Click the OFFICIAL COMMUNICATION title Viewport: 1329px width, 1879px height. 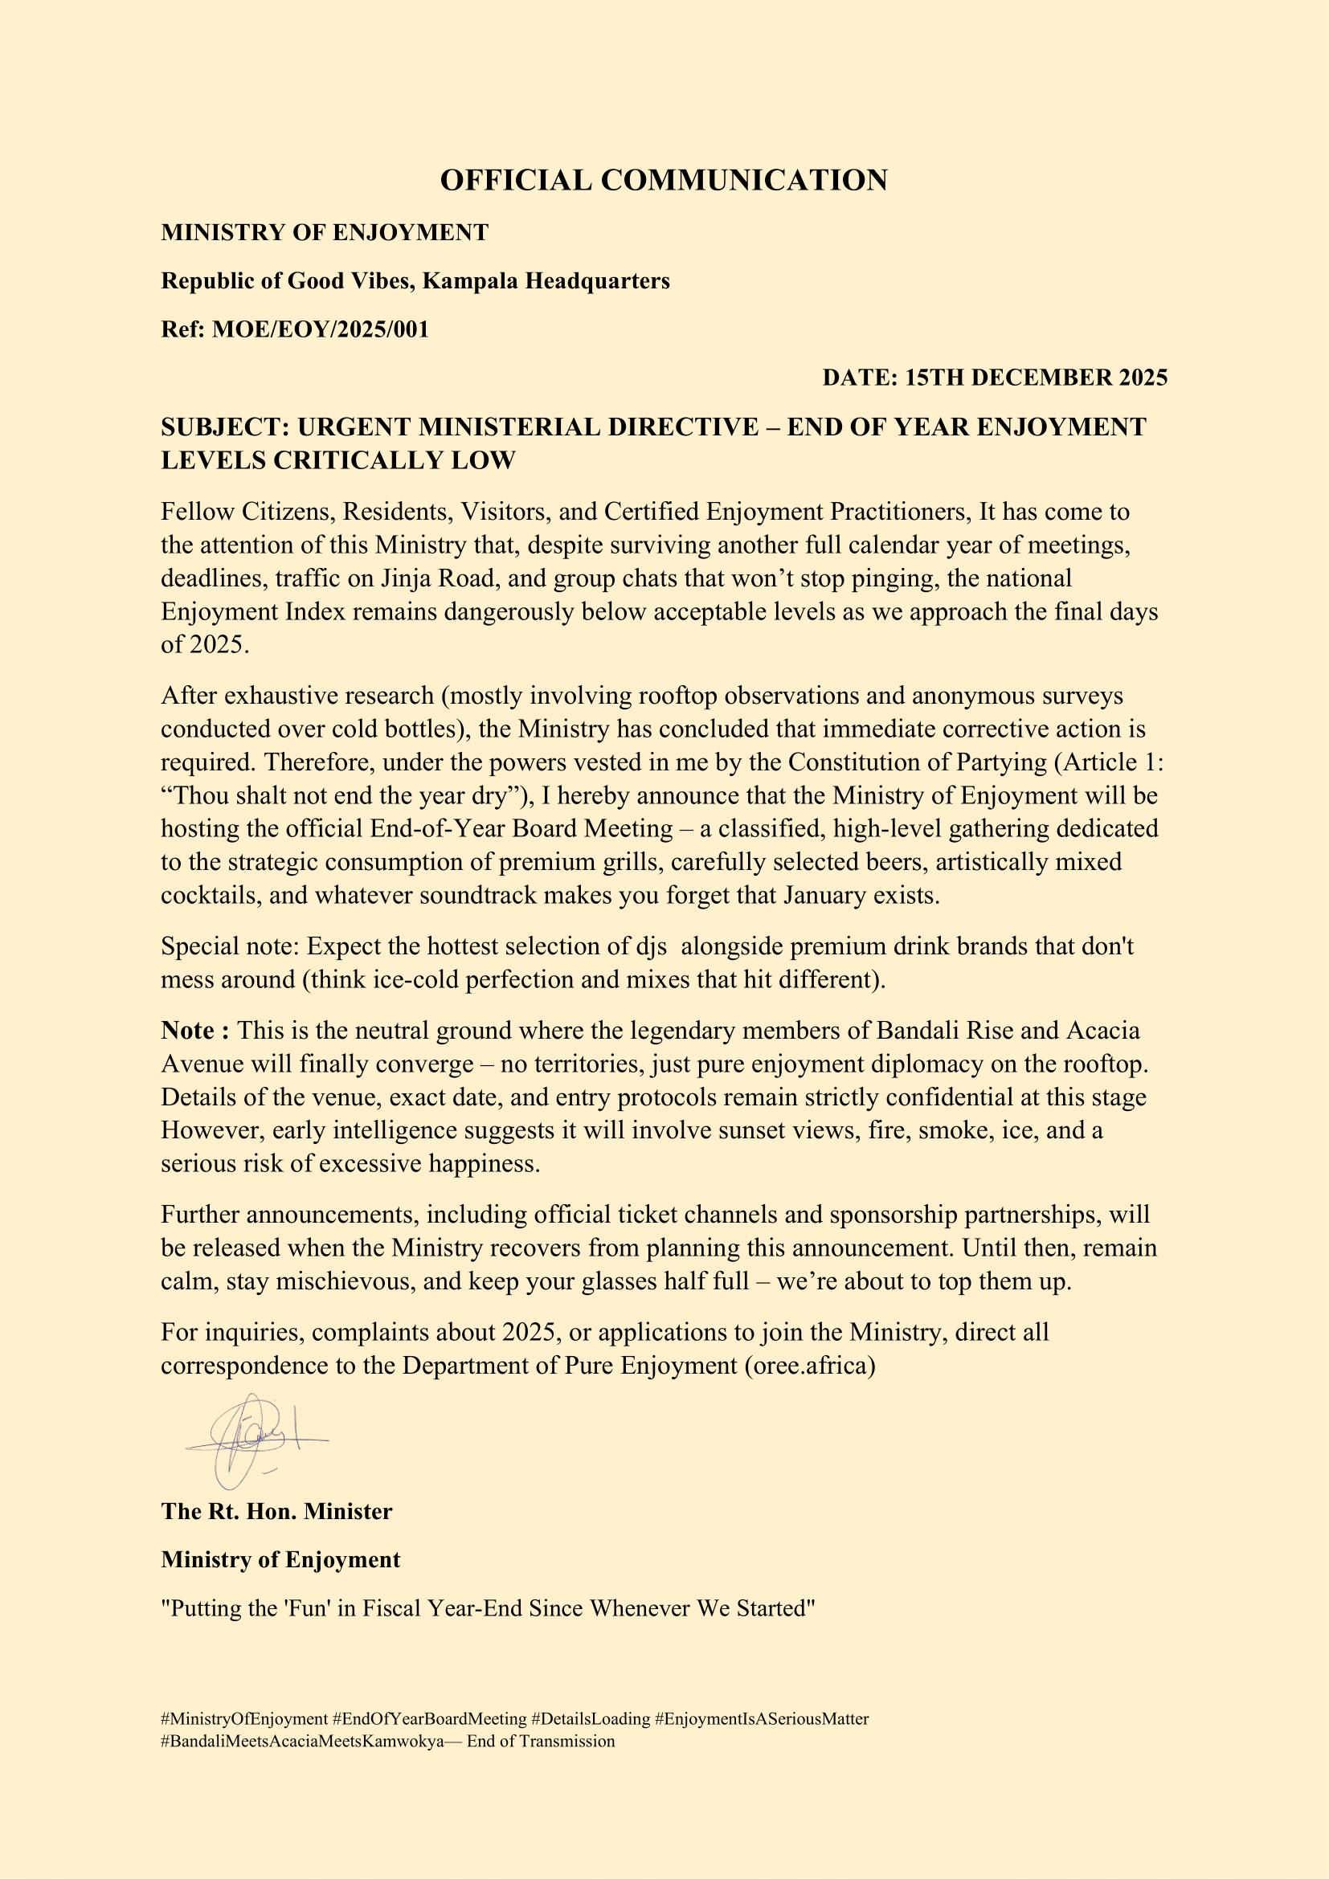point(664,180)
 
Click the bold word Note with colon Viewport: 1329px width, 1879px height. point(195,1030)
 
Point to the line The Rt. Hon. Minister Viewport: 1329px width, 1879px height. point(276,1512)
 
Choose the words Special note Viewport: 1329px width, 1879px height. point(229,946)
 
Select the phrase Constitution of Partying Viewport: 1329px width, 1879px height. point(918,762)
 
